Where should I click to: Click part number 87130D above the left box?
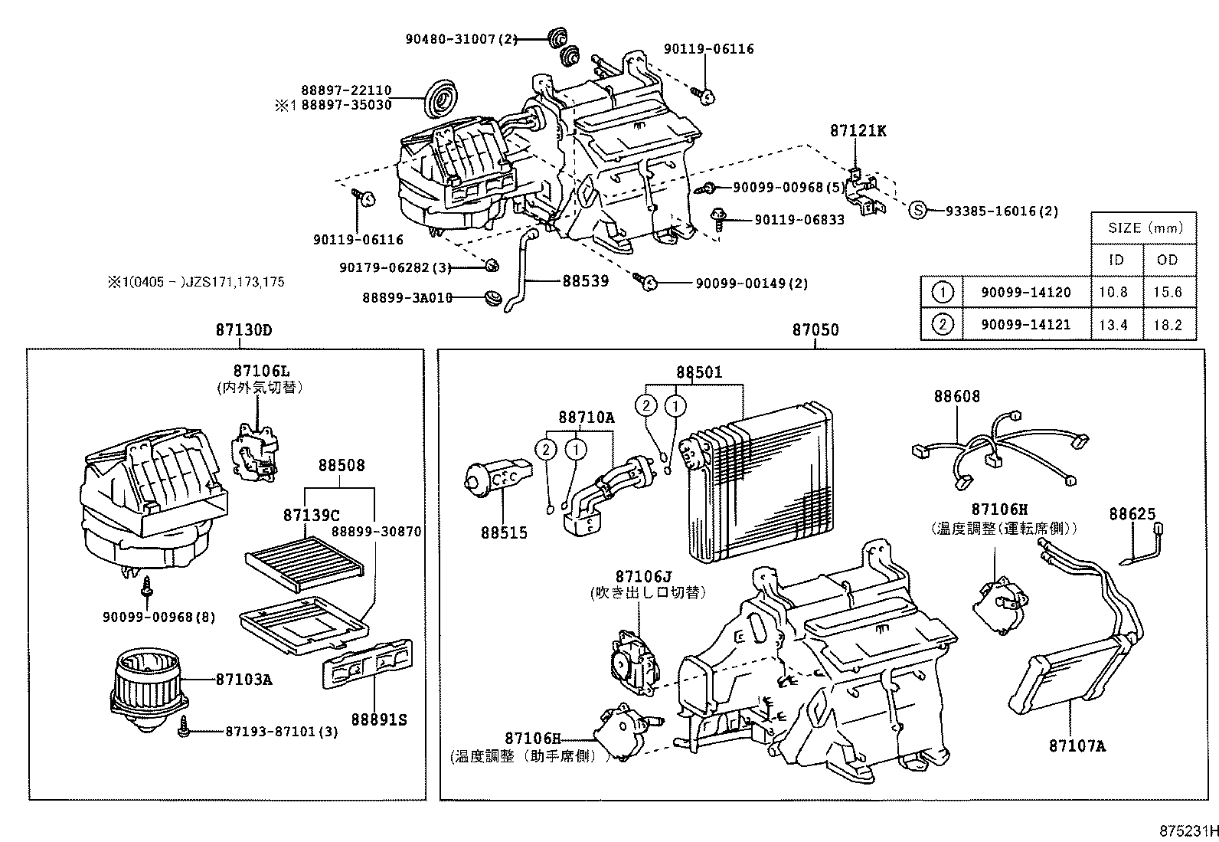pos(243,330)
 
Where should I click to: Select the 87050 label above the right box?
pos(815,330)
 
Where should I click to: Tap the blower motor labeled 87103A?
pos(144,683)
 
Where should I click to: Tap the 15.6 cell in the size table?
pos(1168,292)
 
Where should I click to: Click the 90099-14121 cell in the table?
pos(1025,324)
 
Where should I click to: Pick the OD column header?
pos(1168,260)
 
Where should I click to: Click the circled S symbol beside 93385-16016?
pos(917,211)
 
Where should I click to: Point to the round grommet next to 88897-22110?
pos(440,98)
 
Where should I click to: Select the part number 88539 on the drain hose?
pos(586,281)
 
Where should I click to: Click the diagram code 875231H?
pos(1187,831)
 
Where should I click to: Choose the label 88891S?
pos(379,719)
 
